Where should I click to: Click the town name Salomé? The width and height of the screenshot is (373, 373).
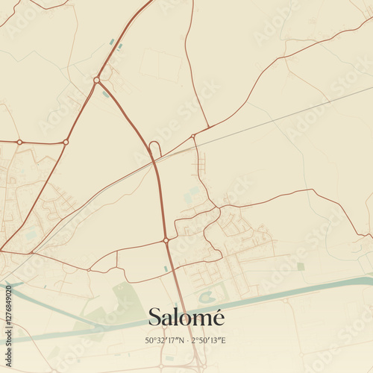point(186,316)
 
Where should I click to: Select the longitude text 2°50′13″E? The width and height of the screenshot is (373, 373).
point(209,341)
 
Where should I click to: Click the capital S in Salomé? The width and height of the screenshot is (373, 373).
point(154,316)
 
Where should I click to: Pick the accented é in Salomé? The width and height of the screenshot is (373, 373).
point(217,316)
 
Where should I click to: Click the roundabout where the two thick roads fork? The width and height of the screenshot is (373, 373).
point(96,80)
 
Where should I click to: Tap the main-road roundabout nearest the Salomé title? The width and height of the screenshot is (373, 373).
point(166,240)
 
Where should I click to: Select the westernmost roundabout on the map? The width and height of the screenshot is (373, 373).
point(19,141)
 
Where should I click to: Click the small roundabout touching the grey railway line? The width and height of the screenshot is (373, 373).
point(193,137)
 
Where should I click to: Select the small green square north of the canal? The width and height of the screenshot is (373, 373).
point(301,266)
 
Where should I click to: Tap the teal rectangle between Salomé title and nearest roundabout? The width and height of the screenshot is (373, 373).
point(166,269)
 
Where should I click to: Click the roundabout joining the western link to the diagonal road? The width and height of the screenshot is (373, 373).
point(66,142)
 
